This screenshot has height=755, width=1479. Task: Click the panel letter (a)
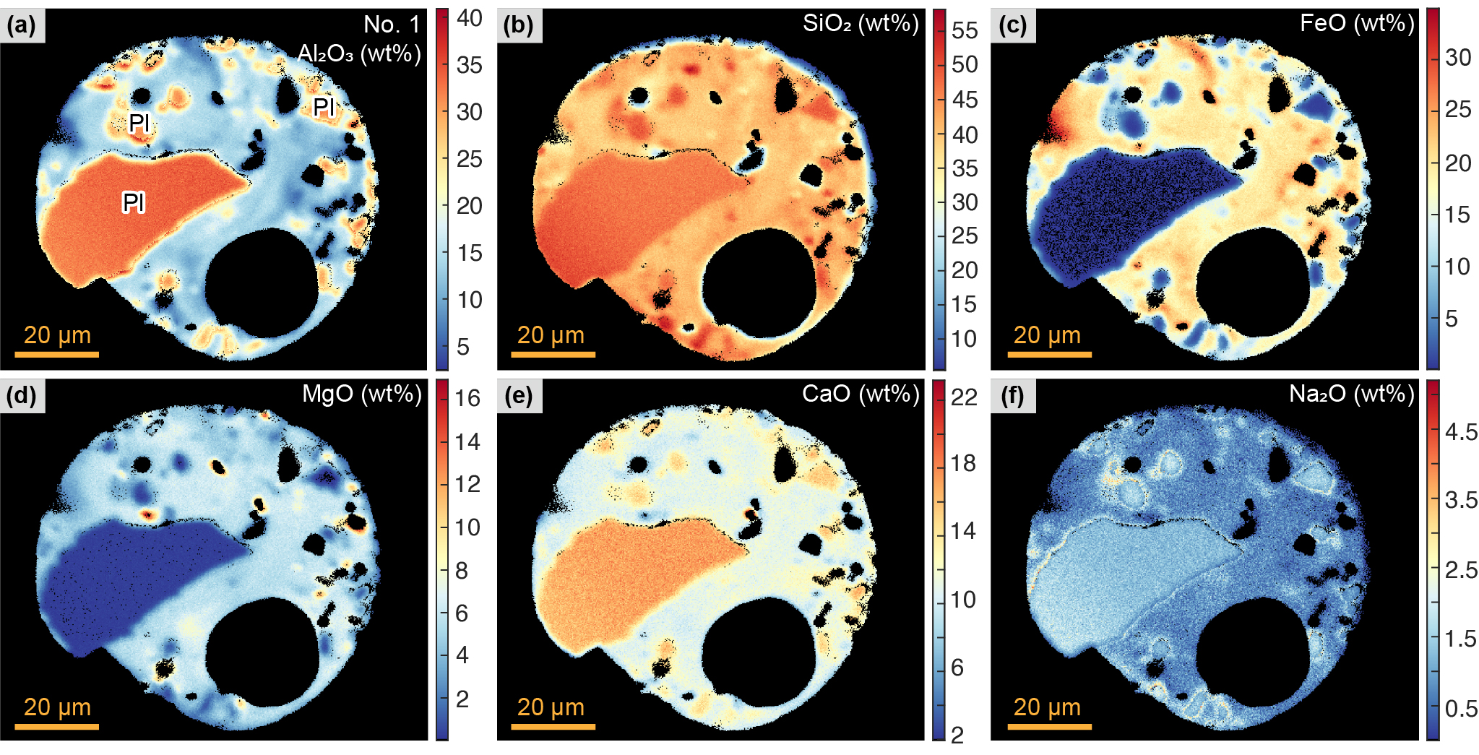(x=21, y=25)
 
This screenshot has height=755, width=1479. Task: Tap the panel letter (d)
(x=21, y=396)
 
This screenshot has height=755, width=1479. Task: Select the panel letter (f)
(x=1012, y=396)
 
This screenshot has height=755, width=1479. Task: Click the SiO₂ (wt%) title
(x=860, y=24)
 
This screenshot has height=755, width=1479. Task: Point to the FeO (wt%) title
(x=1356, y=24)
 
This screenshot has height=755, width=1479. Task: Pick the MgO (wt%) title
(x=361, y=394)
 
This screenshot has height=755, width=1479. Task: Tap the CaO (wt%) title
(x=860, y=394)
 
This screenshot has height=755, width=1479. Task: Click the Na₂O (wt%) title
(x=1351, y=394)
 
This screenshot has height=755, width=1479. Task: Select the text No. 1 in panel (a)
(x=392, y=25)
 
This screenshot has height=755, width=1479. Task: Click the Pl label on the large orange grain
(x=134, y=202)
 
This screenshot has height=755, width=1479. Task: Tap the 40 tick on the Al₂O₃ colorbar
(x=469, y=18)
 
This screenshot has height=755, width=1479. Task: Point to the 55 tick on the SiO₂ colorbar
(x=965, y=30)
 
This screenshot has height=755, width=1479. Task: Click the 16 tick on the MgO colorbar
(x=467, y=398)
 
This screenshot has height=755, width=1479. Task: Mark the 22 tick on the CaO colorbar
(x=964, y=397)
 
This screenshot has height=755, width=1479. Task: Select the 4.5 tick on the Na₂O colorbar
(x=1461, y=432)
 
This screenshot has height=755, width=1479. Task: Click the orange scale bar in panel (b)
(x=553, y=355)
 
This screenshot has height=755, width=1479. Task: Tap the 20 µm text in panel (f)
(x=1047, y=707)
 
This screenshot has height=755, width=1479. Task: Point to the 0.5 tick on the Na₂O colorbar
(x=1461, y=709)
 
